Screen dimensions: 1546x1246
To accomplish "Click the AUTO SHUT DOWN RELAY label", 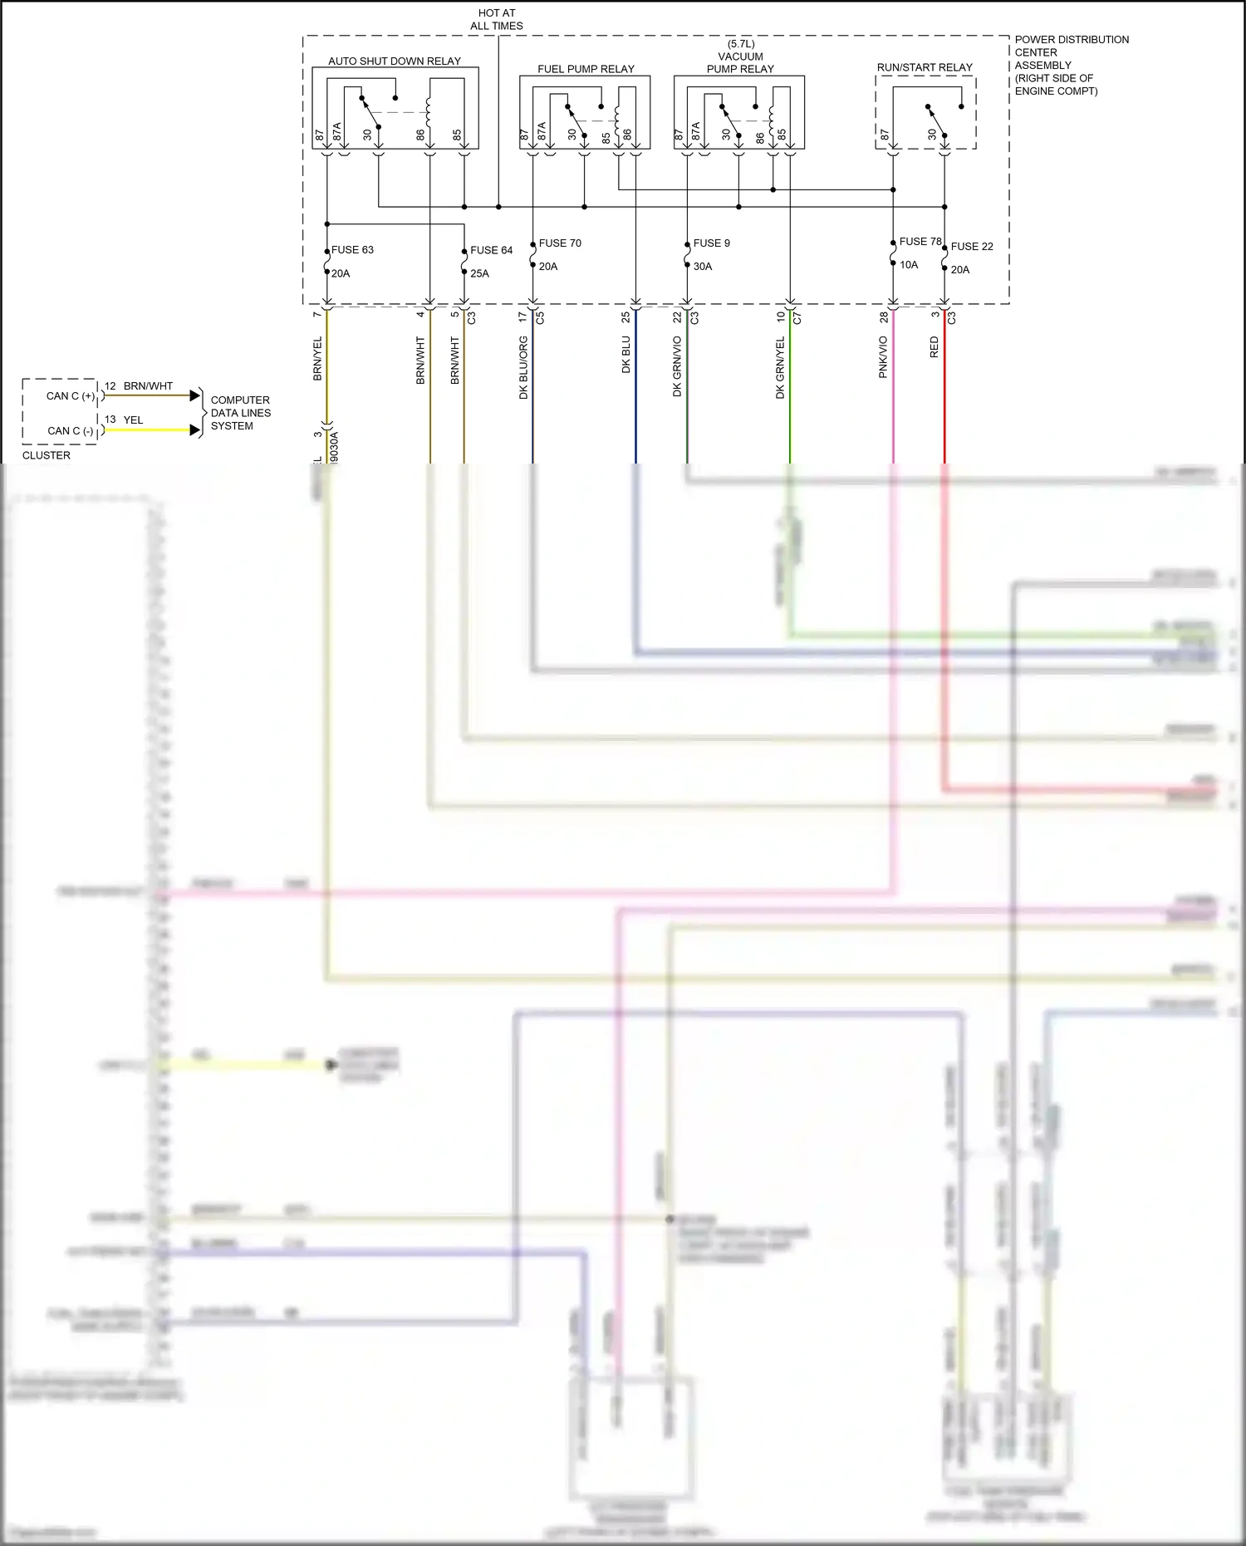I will [x=394, y=61].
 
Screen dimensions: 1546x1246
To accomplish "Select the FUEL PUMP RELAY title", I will [x=586, y=69].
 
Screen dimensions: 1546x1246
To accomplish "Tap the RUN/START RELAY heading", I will [x=925, y=67].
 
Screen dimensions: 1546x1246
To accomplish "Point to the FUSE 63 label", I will [x=352, y=250].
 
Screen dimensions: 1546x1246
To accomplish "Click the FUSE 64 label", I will [x=491, y=250].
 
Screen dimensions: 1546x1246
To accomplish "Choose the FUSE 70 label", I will [x=560, y=243].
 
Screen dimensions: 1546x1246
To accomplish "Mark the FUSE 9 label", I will [x=712, y=243].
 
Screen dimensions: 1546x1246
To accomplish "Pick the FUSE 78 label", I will [x=920, y=242].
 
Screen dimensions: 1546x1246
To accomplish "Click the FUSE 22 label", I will [x=972, y=247].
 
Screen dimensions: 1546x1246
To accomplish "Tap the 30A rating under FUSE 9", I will [x=703, y=267].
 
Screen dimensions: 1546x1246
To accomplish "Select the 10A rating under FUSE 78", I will [x=909, y=265].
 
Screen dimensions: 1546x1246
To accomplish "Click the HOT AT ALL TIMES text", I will [x=497, y=19].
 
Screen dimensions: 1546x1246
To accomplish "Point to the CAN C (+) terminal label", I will [x=71, y=396].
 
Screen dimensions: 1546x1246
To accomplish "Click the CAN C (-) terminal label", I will [x=71, y=431].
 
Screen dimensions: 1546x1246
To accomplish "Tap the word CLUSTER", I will [x=47, y=455].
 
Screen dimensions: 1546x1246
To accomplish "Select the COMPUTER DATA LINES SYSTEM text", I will [x=240, y=413].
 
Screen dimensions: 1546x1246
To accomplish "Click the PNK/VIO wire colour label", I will [x=883, y=357].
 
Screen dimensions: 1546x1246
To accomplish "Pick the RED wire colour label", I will [x=934, y=347].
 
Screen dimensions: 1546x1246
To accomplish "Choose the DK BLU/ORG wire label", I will [x=523, y=367].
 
